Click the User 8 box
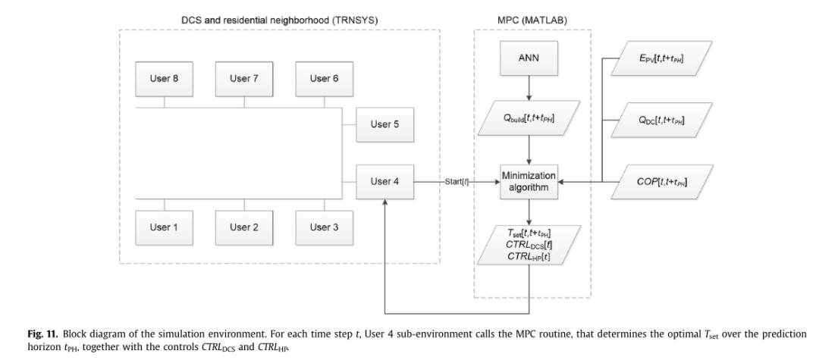165,78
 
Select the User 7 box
245,78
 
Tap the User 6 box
325,78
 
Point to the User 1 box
165,227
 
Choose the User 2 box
245,227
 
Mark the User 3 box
325,227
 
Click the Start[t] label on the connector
455,182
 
